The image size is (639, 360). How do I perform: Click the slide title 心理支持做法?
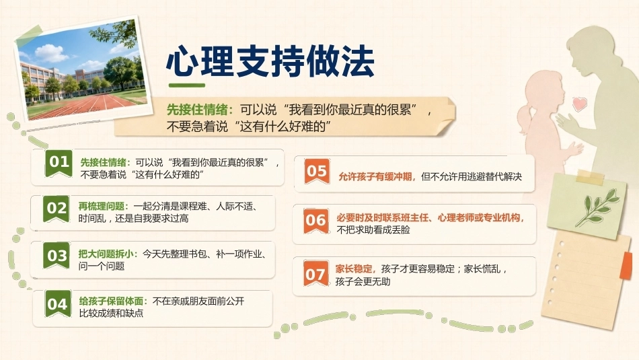(x=270, y=61)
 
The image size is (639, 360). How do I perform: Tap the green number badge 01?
(x=59, y=163)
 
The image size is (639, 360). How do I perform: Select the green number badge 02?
(x=57, y=209)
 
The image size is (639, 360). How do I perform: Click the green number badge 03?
(x=57, y=256)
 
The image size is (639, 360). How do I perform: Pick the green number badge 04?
(x=57, y=303)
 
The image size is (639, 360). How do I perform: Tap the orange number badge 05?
(x=317, y=171)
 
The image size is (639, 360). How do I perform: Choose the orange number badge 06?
(x=316, y=221)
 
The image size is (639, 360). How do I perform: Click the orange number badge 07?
(x=315, y=274)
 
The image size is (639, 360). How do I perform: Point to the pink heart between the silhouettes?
(x=580, y=104)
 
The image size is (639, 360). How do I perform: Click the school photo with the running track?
(x=82, y=70)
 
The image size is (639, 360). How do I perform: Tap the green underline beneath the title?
(x=186, y=85)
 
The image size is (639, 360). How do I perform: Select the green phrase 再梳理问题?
(x=103, y=207)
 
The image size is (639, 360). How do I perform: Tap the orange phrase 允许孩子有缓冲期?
(x=376, y=176)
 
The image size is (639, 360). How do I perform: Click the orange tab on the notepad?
(x=626, y=266)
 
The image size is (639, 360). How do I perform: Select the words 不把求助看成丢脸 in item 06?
(x=373, y=230)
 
